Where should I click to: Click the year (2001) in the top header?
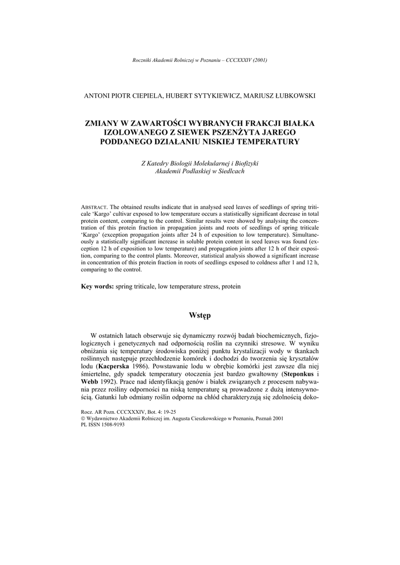tap(260, 60)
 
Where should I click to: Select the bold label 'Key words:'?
tap(97, 287)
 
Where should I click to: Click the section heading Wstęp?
tap(199, 316)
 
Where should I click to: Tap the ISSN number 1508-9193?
tap(108, 425)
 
